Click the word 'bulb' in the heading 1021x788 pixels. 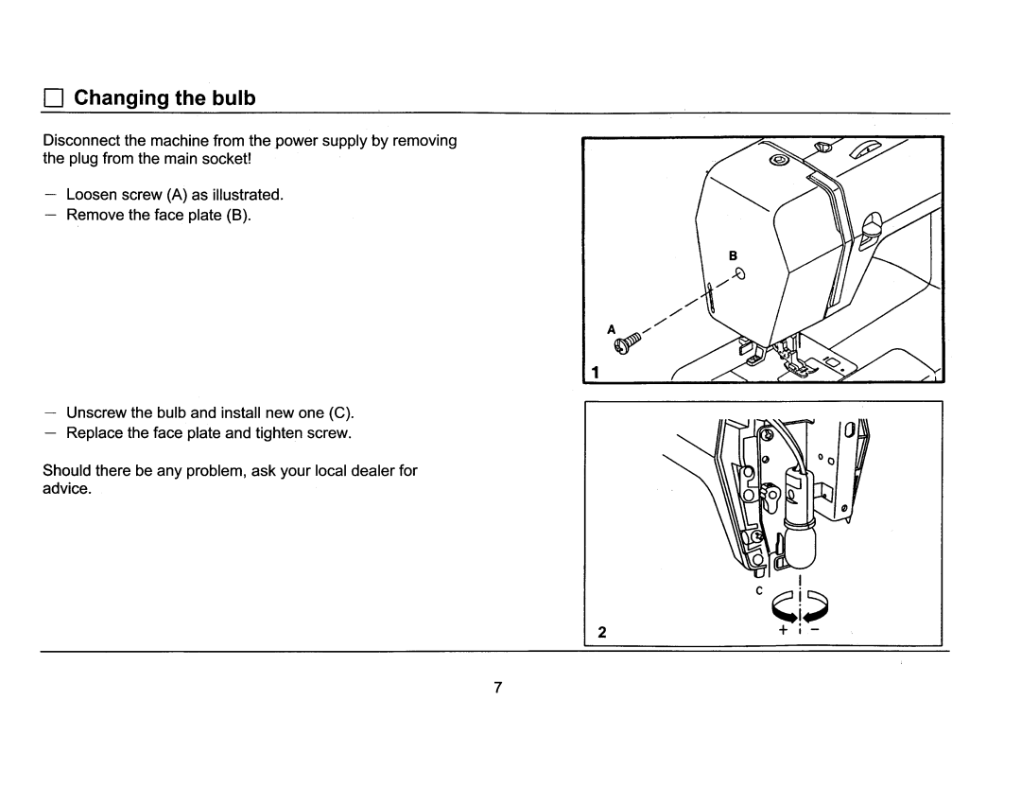click(234, 98)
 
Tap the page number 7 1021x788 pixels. click(495, 687)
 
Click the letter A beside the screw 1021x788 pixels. click(612, 328)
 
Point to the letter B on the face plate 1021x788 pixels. click(731, 256)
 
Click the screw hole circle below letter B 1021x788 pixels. click(740, 275)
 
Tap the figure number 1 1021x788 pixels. click(596, 373)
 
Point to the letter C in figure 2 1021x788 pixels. click(758, 591)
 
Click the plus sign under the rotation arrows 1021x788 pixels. click(783, 629)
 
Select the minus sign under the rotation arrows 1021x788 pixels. click(816, 629)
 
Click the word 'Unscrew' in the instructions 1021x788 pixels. click(96, 412)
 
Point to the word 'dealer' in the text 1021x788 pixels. click(362, 470)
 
